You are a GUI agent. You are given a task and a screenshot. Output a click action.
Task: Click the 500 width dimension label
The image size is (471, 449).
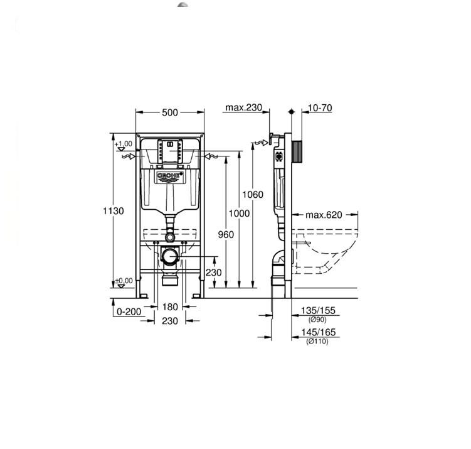point(170,112)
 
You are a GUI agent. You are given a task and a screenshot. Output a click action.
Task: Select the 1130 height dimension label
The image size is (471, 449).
point(114,211)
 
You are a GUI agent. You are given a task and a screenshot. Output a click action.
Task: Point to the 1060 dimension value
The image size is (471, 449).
point(253,195)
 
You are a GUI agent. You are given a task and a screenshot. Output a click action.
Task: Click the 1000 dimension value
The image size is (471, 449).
point(239,214)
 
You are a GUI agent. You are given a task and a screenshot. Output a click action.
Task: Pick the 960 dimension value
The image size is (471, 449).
point(226,234)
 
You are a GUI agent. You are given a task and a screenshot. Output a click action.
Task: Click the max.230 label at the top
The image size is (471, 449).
point(243,107)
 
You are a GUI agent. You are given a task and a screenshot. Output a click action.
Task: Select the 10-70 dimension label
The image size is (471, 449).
point(320,107)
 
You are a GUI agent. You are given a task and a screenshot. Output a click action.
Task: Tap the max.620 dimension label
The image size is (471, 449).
point(324,215)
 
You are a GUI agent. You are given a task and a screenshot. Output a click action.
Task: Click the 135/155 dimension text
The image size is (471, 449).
point(318,310)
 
